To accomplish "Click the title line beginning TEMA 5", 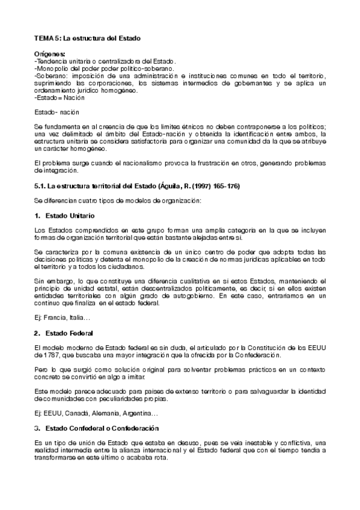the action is [87, 38].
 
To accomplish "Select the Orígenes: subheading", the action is [50, 55].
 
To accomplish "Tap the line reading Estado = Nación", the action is [60, 97].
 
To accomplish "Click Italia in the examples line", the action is [78, 318].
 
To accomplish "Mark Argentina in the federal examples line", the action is [138, 413].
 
